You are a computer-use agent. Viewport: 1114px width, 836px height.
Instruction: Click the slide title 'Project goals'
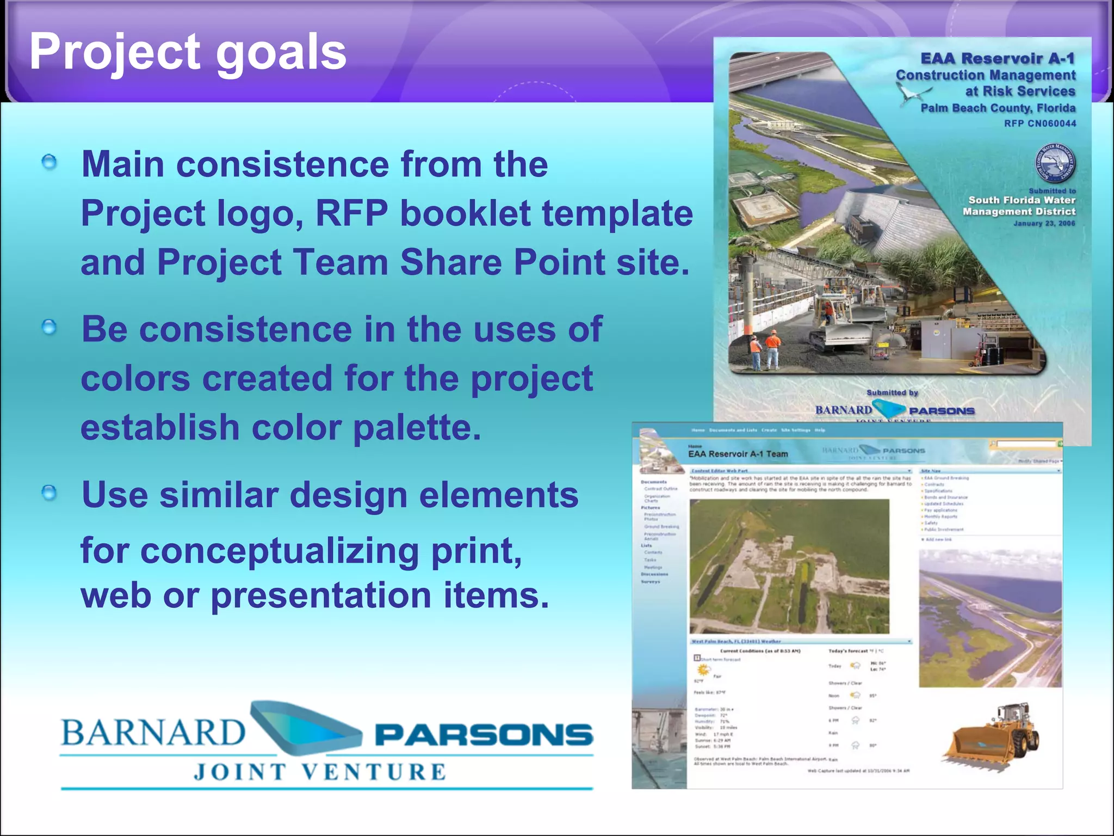click(188, 52)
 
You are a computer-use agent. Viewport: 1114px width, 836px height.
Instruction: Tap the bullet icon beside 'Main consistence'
click(49, 162)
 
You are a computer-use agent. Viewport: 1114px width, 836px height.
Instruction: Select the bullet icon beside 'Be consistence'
click(49, 328)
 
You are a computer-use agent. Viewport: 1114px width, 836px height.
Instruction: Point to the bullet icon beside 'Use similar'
click(49, 493)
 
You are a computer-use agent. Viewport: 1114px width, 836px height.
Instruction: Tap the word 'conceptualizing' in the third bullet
click(280, 551)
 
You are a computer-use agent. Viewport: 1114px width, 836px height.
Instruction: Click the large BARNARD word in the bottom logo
click(153, 733)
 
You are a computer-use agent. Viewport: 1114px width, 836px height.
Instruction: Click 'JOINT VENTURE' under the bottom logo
click(320, 772)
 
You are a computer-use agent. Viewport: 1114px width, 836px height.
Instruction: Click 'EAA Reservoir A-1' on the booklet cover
click(998, 58)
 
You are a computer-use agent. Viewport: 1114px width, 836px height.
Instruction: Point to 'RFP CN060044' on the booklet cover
click(1039, 124)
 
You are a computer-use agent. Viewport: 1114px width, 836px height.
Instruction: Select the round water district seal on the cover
click(1055, 163)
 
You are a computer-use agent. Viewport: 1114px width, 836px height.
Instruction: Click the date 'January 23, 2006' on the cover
click(1044, 223)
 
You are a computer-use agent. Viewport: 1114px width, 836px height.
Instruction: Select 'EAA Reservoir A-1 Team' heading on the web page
click(738, 454)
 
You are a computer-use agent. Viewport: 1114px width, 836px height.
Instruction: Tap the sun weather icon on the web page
click(704, 669)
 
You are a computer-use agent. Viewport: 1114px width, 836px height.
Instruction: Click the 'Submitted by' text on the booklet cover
click(892, 392)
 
